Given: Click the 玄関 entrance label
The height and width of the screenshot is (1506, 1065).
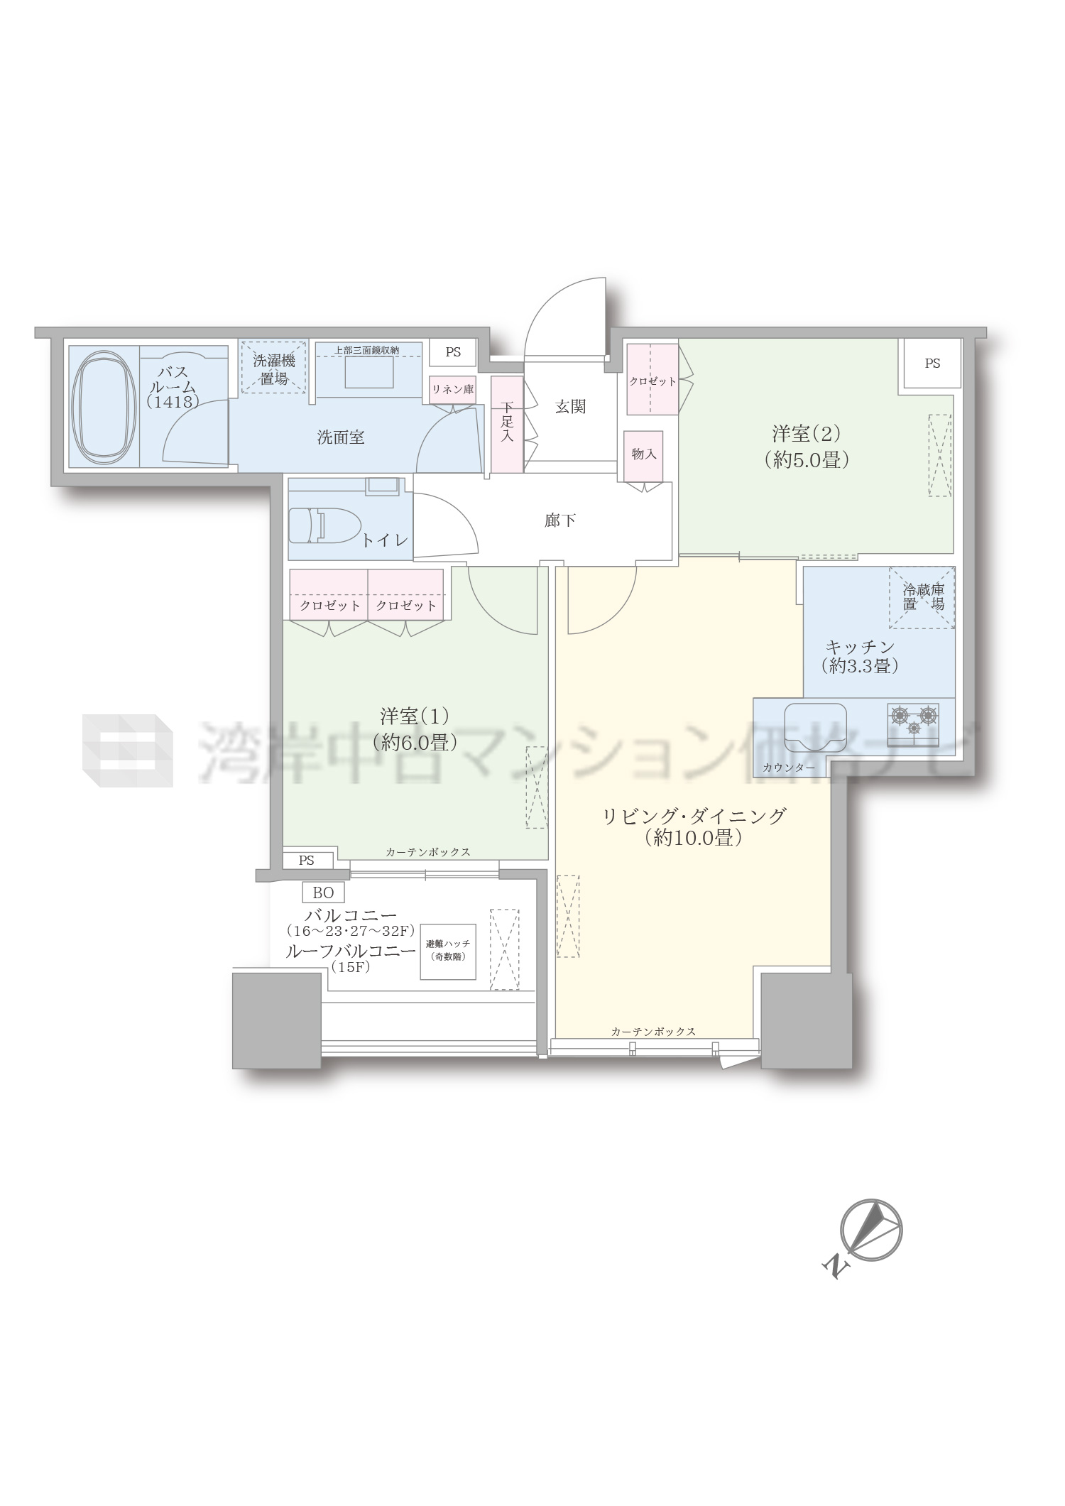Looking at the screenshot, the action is pyautogui.click(x=570, y=407).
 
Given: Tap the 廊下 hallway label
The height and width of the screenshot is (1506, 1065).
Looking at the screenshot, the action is pyautogui.click(x=560, y=520).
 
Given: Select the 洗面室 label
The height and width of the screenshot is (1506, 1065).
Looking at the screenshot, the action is pyautogui.click(x=341, y=437).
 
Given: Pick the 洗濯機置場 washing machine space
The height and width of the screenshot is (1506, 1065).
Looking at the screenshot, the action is pyautogui.click(x=273, y=368).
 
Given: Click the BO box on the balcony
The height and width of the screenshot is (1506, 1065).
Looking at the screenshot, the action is pyautogui.click(x=323, y=893).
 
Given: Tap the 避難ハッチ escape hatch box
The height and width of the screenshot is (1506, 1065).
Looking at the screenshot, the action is pyautogui.click(x=448, y=951).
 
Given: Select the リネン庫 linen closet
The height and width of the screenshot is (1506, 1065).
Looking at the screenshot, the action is pyautogui.click(x=452, y=389).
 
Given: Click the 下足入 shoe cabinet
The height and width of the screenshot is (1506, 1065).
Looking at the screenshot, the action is pyautogui.click(x=506, y=424).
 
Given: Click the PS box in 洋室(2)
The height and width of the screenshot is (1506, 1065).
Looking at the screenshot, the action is pyautogui.click(x=932, y=363).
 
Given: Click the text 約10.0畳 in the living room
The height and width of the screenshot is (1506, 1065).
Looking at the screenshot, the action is pyautogui.click(x=694, y=839).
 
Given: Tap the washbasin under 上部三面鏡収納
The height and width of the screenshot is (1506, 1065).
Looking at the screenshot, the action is pyautogui.click(x=368, y=372).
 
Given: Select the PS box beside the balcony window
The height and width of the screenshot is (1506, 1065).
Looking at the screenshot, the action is pyautogui.click(x=306, y=861).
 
